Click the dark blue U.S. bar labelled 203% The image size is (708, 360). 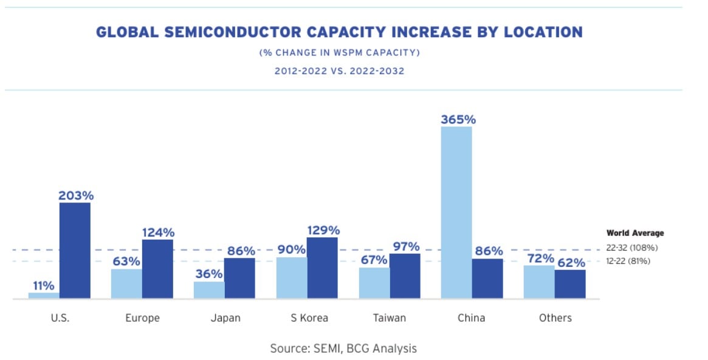75,251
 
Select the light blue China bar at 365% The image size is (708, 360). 456,213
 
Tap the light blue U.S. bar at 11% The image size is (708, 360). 44,296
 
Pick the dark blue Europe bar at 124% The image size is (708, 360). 157,269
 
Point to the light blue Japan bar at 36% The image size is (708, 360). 209,290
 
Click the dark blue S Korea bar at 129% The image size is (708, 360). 323,268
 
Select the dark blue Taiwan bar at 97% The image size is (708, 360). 405,276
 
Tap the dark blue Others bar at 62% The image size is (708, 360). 570,284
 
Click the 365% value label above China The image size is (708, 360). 458,119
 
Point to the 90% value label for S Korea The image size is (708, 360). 290,250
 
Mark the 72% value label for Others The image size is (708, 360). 539,258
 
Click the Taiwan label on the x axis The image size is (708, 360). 390,318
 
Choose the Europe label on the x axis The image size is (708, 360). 142,318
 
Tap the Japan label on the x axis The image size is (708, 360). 225,318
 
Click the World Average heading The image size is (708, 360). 635,233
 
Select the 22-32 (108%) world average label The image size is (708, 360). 632,247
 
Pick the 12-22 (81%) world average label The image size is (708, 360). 628,261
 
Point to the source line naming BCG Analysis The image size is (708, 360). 343,348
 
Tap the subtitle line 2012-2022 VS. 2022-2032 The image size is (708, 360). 339,71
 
